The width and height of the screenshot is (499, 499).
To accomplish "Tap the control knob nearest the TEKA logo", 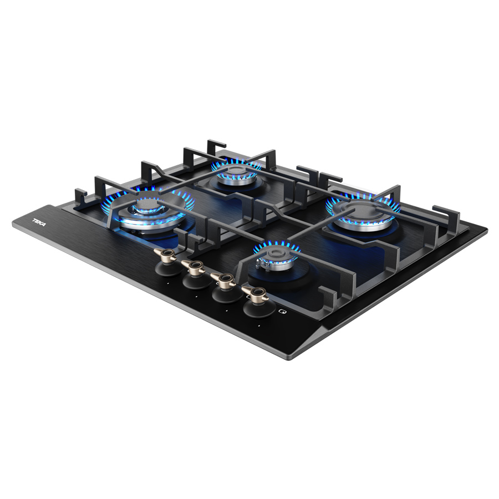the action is coord(167,261).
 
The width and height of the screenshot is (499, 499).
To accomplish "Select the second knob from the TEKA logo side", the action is coord(195,274).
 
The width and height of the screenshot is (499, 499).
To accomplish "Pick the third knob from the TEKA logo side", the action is coord(225,287).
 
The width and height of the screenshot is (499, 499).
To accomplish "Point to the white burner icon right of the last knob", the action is coord(282,311).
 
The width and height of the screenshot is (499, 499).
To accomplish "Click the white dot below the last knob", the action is coord(259,326).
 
